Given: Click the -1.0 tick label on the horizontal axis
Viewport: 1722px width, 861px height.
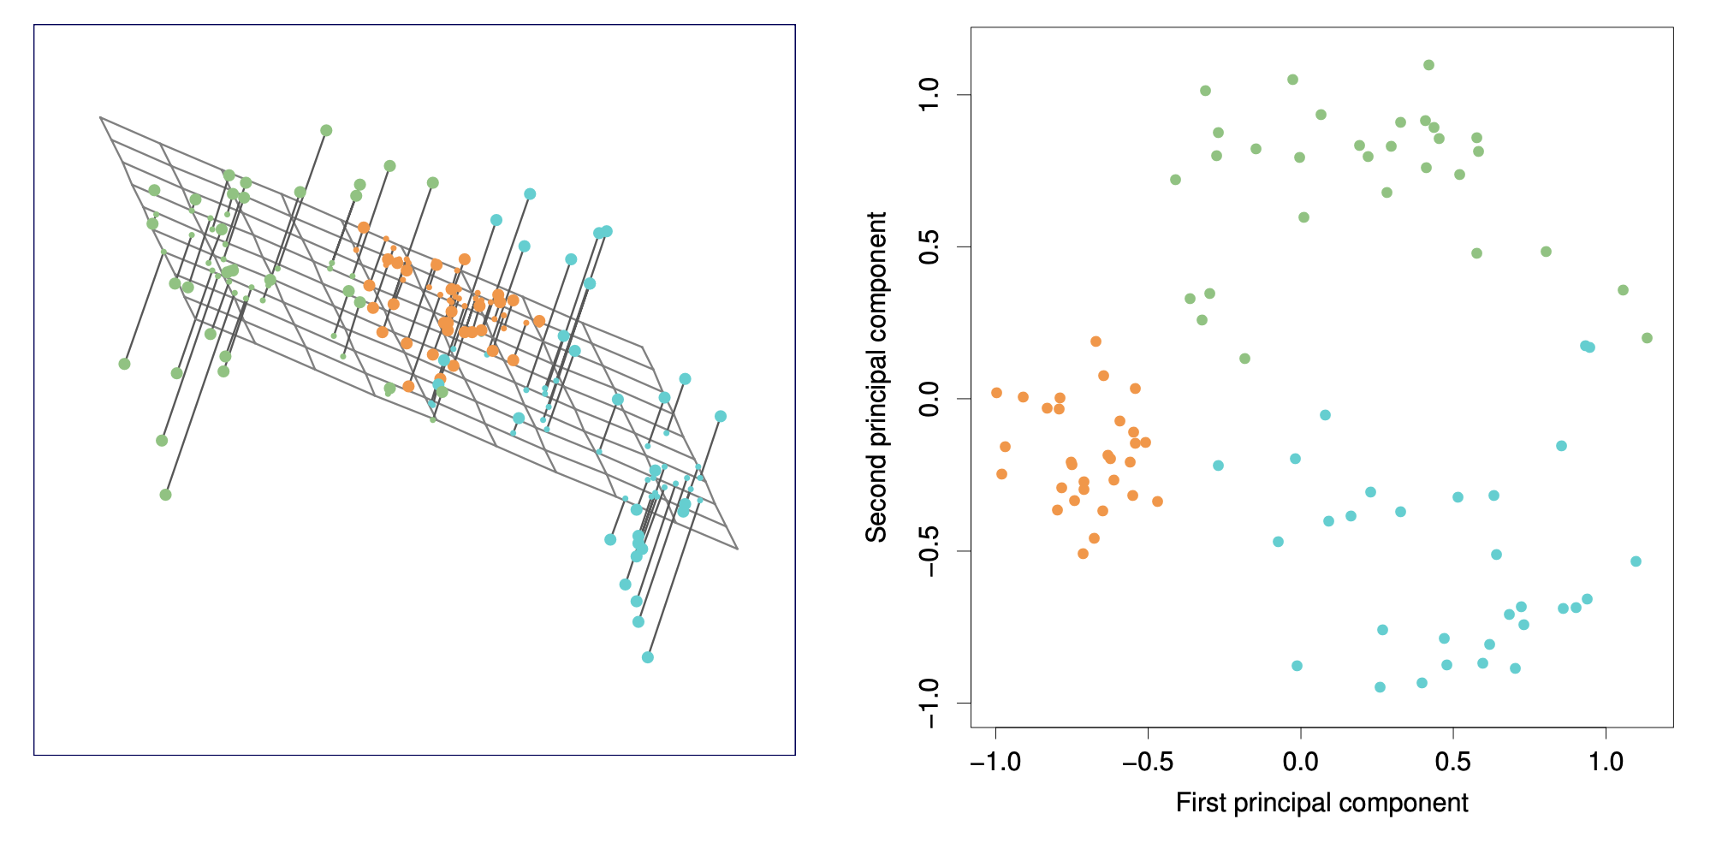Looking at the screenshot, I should pos(995,763).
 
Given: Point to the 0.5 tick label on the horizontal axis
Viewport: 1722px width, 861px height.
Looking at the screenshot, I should pos(1453,763).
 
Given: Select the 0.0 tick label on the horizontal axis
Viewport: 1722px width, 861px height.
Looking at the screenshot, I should pos(1301,763).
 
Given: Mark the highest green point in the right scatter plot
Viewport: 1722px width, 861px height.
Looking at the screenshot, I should pos(1428,65).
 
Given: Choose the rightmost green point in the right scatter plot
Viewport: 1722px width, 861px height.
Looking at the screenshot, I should pos(1647,338).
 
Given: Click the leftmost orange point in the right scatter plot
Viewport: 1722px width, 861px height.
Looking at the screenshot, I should pos(996,393).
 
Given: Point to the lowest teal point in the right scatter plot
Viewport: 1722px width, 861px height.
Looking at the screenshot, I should pos(1380,687).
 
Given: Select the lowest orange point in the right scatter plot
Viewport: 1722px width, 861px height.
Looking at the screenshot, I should pos(1083,554).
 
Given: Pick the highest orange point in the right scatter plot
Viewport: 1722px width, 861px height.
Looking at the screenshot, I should pos(1096,341).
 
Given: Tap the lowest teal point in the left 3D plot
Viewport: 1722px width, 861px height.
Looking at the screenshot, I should pos(648,657).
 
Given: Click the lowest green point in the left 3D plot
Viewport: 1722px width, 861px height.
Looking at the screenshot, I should pos(165,495).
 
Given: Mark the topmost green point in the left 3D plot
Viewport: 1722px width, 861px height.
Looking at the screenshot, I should pos(326,130).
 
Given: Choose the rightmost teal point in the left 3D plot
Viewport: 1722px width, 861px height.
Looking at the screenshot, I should pos(721,416).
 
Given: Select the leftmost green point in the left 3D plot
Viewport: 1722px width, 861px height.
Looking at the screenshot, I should pos(124,364).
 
